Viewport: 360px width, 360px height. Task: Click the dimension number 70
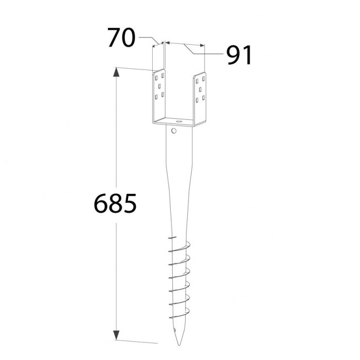pos(122,38)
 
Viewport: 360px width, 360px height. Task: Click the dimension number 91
pos(240,55)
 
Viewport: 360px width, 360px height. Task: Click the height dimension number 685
pos(115,204)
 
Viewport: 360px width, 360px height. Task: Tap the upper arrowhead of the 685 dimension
pos(116,73)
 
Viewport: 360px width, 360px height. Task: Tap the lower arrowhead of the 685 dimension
pos(116,335)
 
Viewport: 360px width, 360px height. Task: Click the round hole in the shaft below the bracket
pos(174,131)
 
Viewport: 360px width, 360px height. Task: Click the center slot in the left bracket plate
pos(159,86)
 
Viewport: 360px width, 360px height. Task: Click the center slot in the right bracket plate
pos(200,89)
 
